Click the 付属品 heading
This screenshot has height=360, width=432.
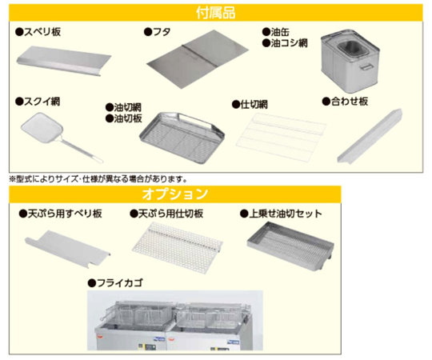pyautogui.click(x=216, y=13)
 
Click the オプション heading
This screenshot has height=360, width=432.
pyautogui.click(x=175, y=194)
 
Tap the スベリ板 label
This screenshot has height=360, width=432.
pyautogui.click(x=38, y=32)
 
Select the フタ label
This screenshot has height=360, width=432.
pyautogui.click(x=158, y=32)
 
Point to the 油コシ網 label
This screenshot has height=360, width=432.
pyautogui.click(x=285, y=43)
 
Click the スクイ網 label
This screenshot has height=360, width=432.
pyautogui.click(x=38, y=102)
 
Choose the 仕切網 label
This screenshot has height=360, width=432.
pyautogui.click(x=250, y=104)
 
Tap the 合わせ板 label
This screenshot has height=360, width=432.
pyautogui.click(x=345, y=102)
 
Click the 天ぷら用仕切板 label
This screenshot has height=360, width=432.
pyautogui.click(x=166, y=214)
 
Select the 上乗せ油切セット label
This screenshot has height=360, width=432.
pyautogui.click(x=281, y=214)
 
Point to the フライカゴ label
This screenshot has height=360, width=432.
pyautogui.click(x=115, y=283)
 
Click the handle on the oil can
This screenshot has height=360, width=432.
pyautogui.click(x=366, y=67)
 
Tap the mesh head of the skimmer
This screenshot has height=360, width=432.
pyautogui.click(x=42, y=128)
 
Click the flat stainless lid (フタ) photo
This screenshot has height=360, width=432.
pyautogui.click(x=198, y=59)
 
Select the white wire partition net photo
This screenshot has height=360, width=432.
pyautogui.click(x=281, y=137)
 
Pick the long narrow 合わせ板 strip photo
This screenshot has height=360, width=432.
pyautogui.click(x=370, y=137)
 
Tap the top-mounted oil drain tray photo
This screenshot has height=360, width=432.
pyautogui.click(x=290, y=246)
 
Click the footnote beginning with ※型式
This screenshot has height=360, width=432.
pyautogui.click(x=98, y=179)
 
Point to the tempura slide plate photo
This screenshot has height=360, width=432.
pyautogui.click(x=68, y=248)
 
